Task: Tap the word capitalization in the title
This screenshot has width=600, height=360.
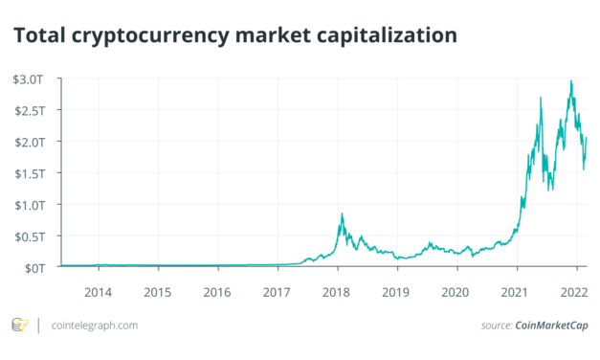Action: [383, 35]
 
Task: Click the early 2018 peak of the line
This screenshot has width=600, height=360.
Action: [342, 214]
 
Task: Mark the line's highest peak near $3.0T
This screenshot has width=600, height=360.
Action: [571, 81]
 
